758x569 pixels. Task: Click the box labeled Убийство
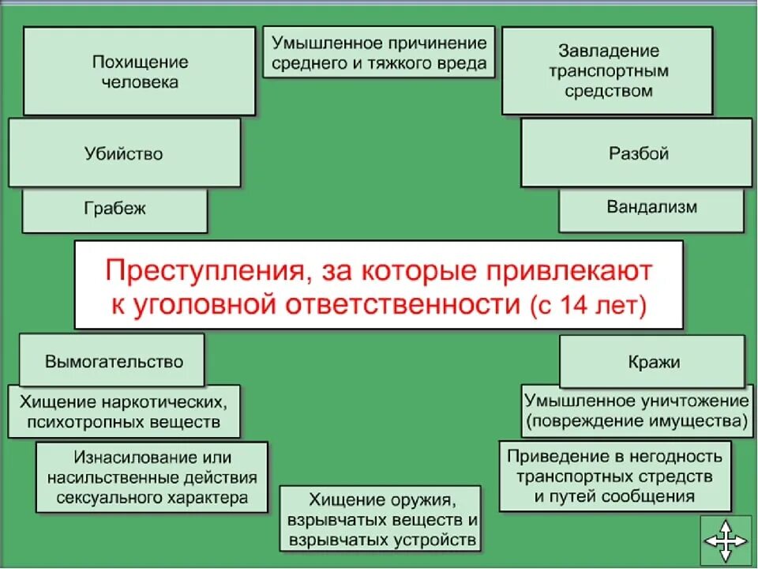click(124, 153)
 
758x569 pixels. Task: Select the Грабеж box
click(114, 209)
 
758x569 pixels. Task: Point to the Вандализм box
click(651, 208)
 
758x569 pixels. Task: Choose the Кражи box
click(651, 362)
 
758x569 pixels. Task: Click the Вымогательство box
click(114, 362)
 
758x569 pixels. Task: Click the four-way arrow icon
click(726, 541)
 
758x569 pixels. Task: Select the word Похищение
click(140, 62)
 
